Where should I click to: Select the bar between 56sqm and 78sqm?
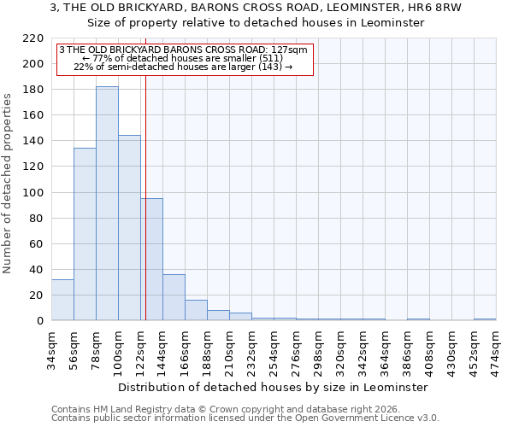click(x=85, y=234)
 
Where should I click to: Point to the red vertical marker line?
click(x=146, y=171)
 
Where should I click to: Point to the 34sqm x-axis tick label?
click(x=51, y=348)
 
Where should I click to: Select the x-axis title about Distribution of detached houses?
click(x=273, y=387)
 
